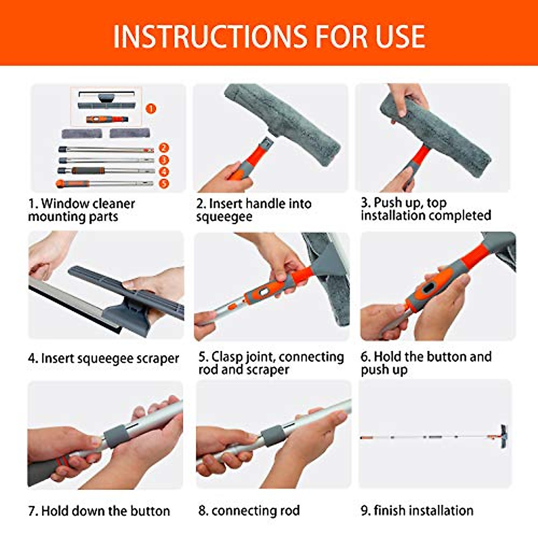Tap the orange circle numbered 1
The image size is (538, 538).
(x=151, y=108)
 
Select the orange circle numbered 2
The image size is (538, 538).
(x=164, y=148)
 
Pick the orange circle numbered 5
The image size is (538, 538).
(x=164, y=183)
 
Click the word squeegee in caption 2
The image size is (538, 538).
(x=224, y=217)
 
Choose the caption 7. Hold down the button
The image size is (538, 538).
(x=99, y=511)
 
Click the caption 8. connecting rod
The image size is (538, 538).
(x=249, y=511)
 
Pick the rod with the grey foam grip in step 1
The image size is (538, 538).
(x=105, y=171)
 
